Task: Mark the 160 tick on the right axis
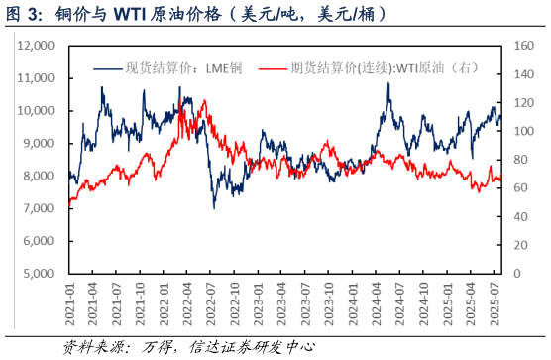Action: [522, 46]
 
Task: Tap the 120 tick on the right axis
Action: [522, 103]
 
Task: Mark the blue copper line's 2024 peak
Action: [387, 83]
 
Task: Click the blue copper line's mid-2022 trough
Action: [213, 207]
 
